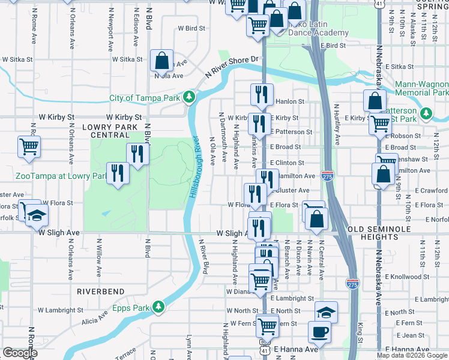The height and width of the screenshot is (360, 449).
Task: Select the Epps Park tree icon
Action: [158, 307]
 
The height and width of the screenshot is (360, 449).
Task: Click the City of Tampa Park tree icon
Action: [190, 97]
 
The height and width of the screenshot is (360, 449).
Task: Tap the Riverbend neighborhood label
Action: [100, 291]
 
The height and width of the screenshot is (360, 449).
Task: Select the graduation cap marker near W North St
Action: [326, 311]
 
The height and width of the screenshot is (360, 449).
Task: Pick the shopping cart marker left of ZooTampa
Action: [29, 146]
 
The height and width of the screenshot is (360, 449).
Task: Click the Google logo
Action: [20, 353]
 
